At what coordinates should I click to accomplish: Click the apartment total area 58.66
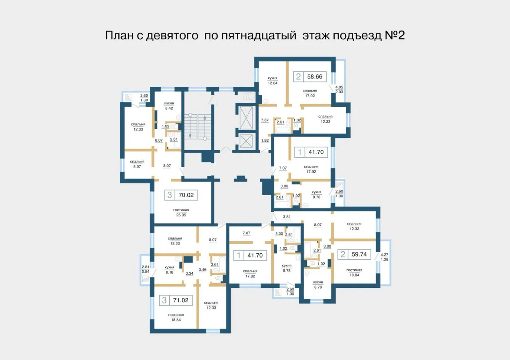(315, 77)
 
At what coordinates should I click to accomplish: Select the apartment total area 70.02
(186, 195)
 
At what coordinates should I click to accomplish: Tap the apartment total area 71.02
(181, 300)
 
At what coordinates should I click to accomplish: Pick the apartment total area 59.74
(359, 254)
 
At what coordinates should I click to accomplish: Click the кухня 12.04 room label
(273, 80)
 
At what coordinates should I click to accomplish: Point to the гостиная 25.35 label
(181, 212)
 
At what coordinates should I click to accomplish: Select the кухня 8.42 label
(169, 106)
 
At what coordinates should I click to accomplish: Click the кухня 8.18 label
(169, 270)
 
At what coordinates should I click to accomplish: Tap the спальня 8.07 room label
(137, 164)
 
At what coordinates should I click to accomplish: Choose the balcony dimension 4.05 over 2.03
(339, 90)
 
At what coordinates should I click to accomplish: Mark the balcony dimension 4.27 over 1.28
(384, 257)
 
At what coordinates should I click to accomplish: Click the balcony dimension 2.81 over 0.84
(146, 269)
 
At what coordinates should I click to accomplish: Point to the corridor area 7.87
(265, 120)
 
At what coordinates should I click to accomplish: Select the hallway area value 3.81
(286, 217)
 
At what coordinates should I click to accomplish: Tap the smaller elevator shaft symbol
(246, 141)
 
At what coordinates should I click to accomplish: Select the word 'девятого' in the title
(172, 36)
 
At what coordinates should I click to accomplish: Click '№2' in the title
(395, 35)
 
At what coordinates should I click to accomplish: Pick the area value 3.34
(189, 274)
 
